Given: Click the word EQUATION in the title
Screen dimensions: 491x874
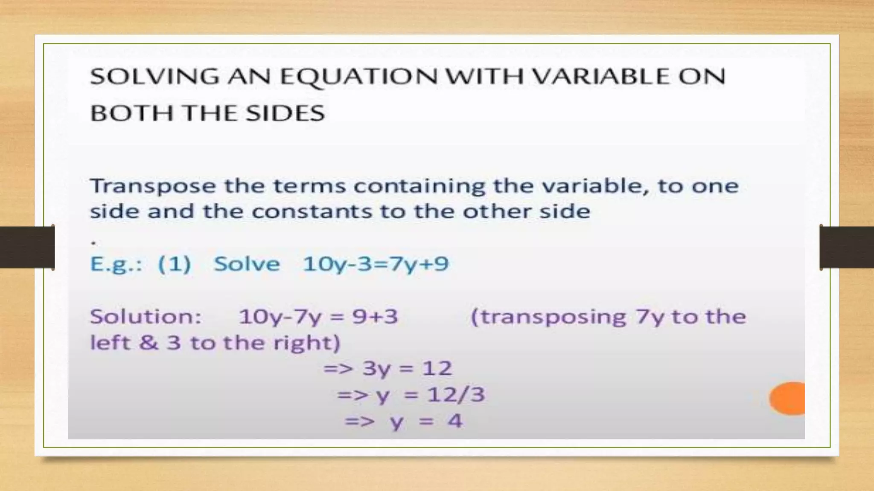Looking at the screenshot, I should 358,77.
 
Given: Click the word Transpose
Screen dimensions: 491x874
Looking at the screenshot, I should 153,187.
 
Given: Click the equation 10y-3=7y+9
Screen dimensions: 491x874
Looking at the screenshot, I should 376,264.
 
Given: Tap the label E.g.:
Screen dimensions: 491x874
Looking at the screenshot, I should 116,264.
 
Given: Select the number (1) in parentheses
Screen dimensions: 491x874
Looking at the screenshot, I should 175,264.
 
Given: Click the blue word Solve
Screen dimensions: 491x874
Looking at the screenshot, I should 247,264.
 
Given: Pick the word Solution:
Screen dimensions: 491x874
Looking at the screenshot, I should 146,317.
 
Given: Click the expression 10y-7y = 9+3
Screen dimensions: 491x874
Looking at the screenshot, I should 318,317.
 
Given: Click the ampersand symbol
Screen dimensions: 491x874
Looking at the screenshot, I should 148,342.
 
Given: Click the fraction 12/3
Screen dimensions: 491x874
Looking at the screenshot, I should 456,395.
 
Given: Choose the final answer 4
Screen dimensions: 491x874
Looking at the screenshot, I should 455,421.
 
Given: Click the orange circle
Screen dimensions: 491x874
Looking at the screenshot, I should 788,398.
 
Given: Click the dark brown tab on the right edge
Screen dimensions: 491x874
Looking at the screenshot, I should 847,247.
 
